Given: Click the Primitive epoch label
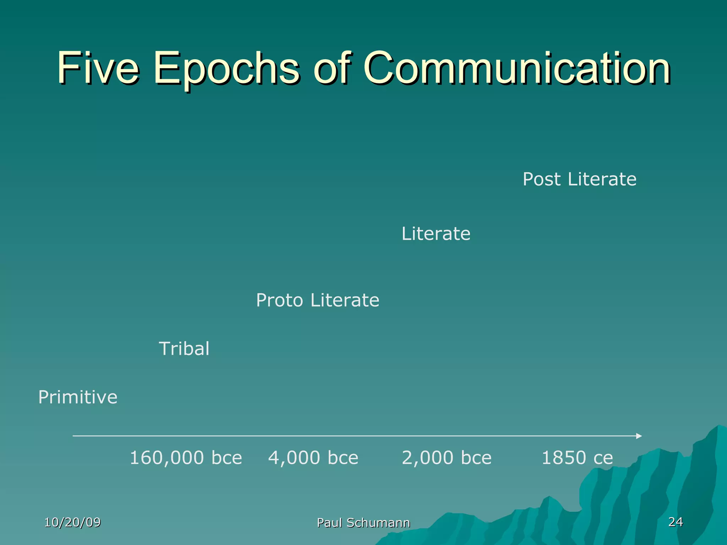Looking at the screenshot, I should tap(78, 397).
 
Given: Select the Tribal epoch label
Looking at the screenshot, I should tap(184, 348).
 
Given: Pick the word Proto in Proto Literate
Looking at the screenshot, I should tap(279, 300).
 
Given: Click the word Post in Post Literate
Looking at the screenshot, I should tap(541, 179).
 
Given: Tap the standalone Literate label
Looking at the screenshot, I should tap(436, 234).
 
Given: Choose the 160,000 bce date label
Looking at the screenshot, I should tap(186, 458).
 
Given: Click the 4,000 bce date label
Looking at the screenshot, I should tap(313, 458).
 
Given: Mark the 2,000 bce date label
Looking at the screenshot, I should tap(447, 458).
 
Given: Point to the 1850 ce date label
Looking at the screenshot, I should tap(577, 458).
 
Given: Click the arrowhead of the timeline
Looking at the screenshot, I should tap(639, 436).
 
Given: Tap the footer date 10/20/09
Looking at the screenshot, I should tap(72, 522).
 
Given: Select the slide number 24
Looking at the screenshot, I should tap(676, 522).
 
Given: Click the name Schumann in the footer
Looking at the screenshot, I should tap(378, 523).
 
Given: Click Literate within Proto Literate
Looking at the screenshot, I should tap(345, 300).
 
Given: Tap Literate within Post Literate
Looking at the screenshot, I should tap(602, 179).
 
